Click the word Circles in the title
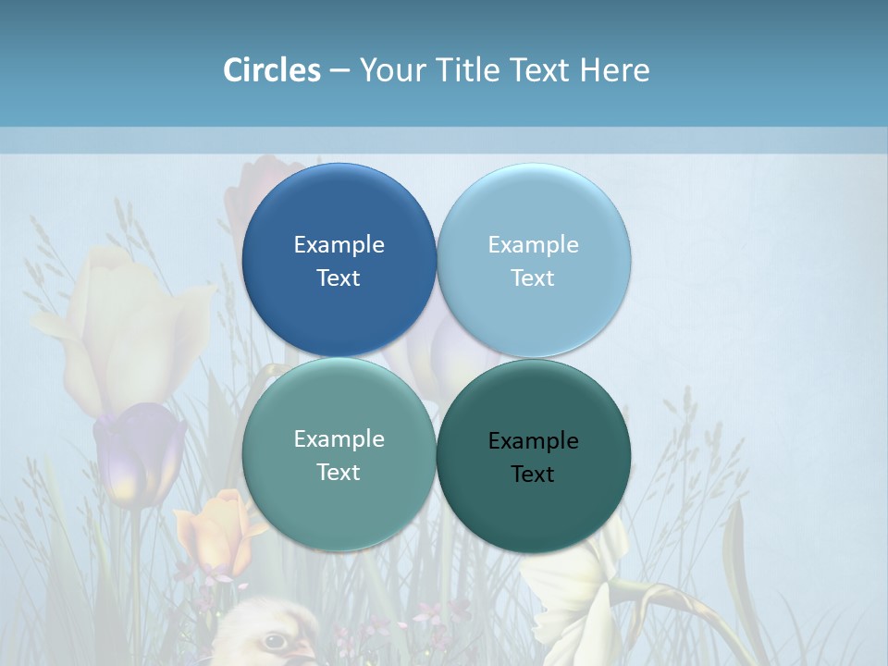(272, 70)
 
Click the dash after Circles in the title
(339, 71)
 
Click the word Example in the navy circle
(339, 244)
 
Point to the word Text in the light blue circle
(533, 277)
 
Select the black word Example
(533, 440)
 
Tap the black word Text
(533, 474)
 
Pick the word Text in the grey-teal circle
(339, 472)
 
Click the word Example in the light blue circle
(533, 244)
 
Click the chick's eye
(274, 640)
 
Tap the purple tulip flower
(139, 453)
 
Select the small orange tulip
(215, 532)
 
